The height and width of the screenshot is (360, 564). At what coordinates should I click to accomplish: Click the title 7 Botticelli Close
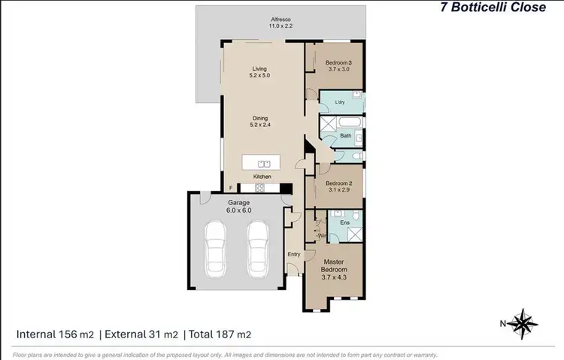(493, 9)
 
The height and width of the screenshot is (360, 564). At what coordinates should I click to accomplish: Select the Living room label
(259, 73)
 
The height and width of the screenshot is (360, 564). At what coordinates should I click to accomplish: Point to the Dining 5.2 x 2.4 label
(261, 121)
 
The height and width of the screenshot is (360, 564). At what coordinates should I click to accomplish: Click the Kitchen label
(262, 177)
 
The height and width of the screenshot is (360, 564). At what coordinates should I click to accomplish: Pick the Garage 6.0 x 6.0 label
(239, 207)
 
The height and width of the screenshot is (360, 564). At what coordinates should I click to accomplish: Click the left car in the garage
(216, 249)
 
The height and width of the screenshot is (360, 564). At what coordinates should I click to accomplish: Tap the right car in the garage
(258, 249)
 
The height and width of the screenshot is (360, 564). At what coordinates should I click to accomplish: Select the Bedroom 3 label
(338, 66)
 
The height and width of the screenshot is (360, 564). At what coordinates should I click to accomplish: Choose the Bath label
(345, 136)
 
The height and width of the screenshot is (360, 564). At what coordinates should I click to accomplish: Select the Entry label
(294, 254)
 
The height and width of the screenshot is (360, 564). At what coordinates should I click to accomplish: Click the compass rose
(520, 323)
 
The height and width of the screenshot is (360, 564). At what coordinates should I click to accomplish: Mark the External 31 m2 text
(141, 334)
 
